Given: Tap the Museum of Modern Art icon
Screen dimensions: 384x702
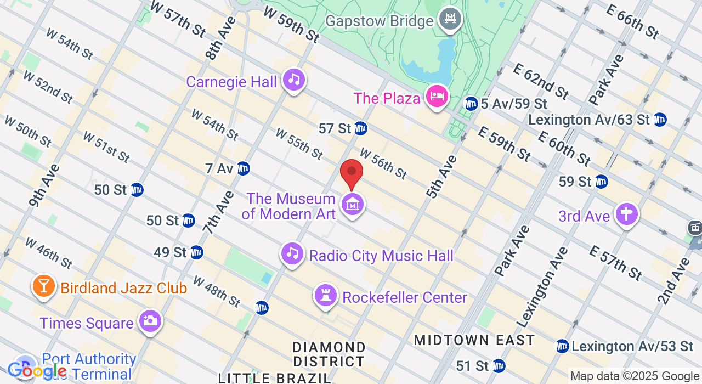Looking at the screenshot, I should tap(353, 205).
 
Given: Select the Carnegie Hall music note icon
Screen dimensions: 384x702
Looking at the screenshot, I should tap(294, 80).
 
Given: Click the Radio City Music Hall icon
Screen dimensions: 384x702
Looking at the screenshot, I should tap(292, 254).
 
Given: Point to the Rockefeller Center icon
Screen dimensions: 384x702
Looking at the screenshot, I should tap(325, 296).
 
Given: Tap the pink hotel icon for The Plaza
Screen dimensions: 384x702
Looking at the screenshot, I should tap(437, 97).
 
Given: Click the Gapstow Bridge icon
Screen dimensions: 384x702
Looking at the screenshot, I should tap(450, 19).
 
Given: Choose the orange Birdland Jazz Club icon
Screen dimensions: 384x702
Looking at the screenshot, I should tap(43, 286).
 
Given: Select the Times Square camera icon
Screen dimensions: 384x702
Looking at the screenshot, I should tap(150, 321).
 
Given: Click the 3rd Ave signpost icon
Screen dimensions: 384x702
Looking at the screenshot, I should tap(626, 214).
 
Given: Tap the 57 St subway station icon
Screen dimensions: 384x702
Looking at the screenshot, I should tap(360, 128).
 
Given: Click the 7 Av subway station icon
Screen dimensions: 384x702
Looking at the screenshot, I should tap(244, 168).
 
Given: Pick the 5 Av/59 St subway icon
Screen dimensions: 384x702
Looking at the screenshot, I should tap(471, 103).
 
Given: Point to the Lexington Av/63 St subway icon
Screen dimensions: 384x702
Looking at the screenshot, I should tap(660, 119).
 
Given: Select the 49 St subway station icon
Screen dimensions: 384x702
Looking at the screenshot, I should tap(196, 252).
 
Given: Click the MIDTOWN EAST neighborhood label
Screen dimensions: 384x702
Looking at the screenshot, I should tap(474, 340).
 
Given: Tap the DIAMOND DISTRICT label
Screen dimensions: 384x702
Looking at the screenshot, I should tap(329, 354).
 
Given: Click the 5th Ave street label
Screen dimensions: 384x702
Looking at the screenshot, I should tap(441, 177).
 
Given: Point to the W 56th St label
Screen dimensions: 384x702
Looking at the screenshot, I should tap(383, 163).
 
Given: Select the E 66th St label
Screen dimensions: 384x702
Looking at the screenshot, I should tap(632, 21).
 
